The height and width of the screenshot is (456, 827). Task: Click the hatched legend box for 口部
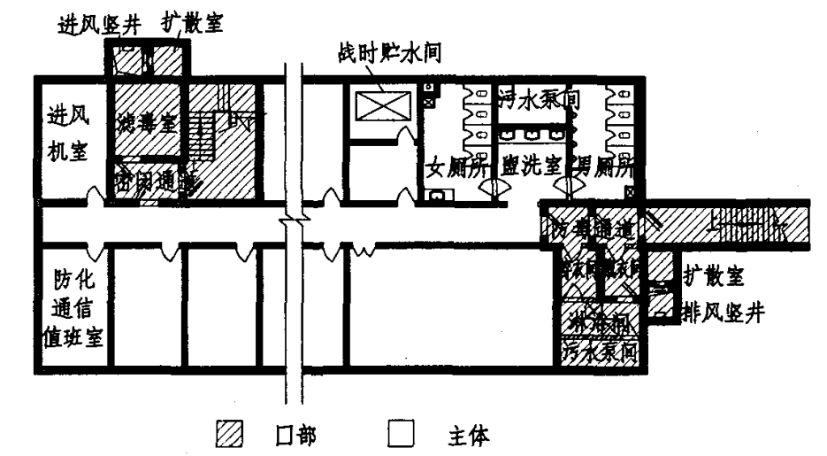click(228, 435)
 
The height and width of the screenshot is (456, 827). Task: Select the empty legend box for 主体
click(402, 435)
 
